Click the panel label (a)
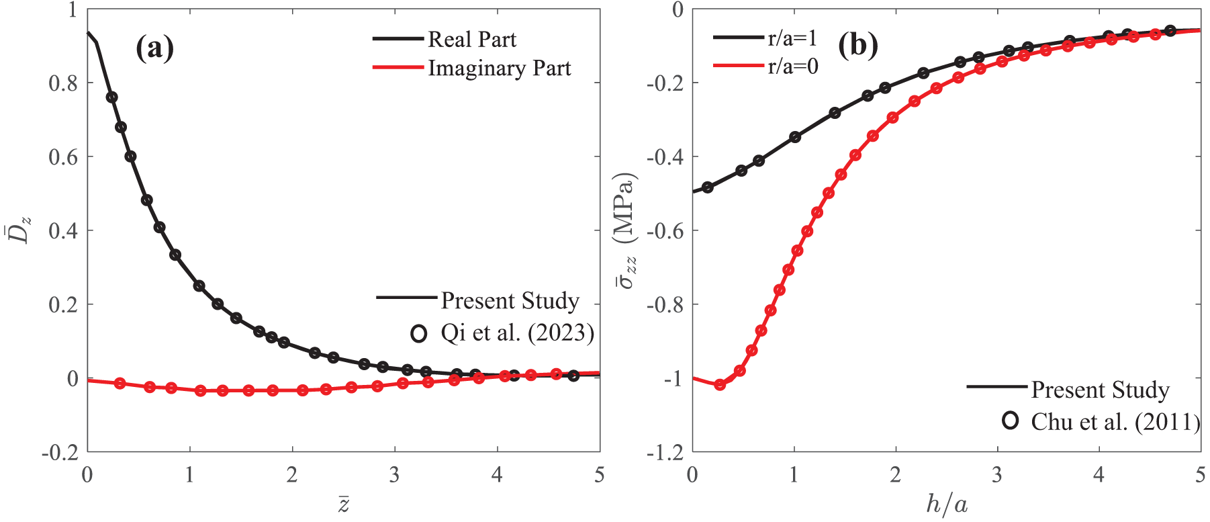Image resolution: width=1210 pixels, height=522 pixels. coord(155,49)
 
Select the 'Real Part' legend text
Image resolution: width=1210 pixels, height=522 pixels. coord(472,40)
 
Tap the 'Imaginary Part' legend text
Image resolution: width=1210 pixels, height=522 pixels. coord(500,69)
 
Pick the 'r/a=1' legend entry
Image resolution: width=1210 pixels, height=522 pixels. coord(792,38)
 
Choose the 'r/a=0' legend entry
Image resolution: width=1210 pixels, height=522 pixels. coord(792,67)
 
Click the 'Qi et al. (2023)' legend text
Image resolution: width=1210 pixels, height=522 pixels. coord(517,333)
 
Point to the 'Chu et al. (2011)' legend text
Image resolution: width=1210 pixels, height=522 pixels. coord(1115,422)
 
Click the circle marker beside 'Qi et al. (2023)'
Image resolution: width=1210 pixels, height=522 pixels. coord(419,334)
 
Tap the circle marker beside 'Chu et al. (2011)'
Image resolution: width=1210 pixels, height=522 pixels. coord(1010,421)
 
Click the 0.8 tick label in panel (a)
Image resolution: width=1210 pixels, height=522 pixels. coord(63,83)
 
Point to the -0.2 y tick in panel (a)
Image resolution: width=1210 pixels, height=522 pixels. coord(60,453)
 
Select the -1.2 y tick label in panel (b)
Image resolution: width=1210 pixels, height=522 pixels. coord(665,453)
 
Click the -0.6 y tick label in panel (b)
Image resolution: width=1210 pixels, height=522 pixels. coord(665,231)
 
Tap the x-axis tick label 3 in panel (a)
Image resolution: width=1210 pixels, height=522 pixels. coord(394,476)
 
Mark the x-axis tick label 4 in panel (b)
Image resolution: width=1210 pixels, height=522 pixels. coord(1099,476)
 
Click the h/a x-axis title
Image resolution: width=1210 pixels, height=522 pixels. coord(946,504)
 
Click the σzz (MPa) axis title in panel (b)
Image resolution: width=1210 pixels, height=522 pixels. coord(626,231)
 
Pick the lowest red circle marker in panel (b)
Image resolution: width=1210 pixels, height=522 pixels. coord(720,385)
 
